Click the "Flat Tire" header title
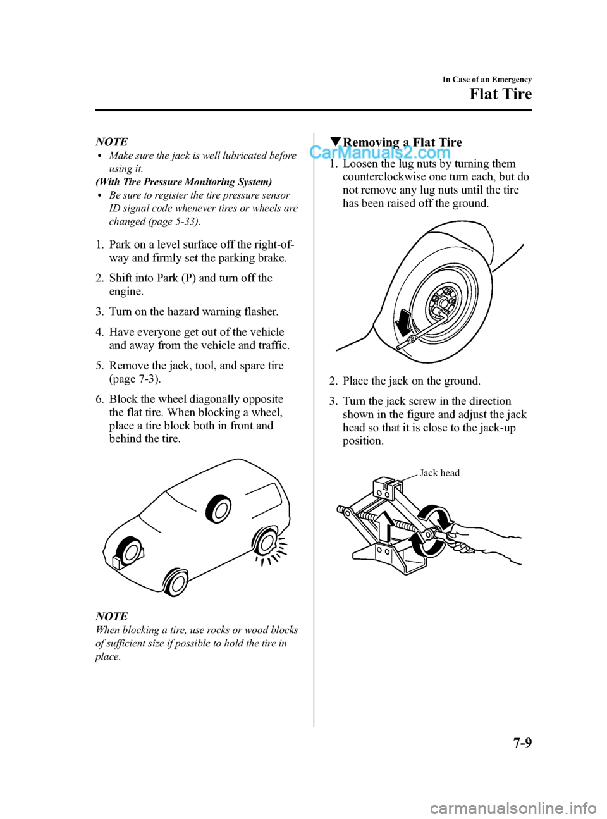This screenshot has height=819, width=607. tap(500, 94)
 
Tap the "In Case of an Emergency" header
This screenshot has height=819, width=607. tap(487, 80)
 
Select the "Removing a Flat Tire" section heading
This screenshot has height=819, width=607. tap(402, 142)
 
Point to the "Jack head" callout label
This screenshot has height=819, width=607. tap(439, 473)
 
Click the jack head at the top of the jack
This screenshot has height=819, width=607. tap(386, 488)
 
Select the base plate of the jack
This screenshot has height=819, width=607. tap(388, 560)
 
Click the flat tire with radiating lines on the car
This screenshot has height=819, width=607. tap(265, 546)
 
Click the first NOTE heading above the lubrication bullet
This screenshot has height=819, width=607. tap(111, 142)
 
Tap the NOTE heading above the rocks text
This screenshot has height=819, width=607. tap(111, 616)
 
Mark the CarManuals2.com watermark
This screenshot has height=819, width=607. tap(380, 152)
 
